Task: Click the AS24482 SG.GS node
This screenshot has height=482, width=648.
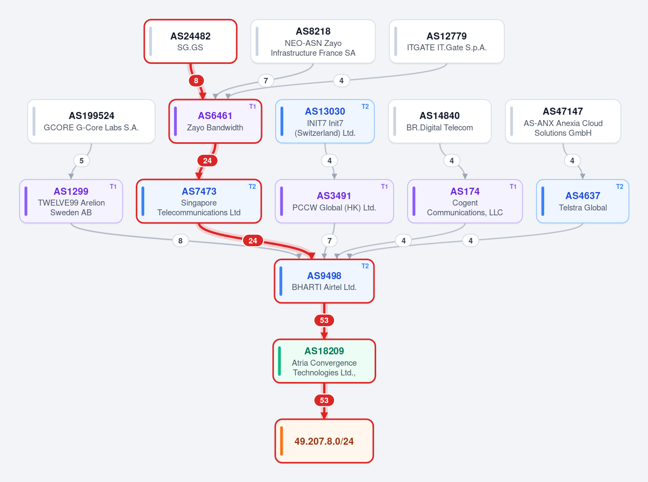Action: click(x=191, y=41)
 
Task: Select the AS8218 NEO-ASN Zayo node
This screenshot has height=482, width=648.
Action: click(x=313, y=41)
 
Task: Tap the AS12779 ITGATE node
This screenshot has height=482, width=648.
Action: click(x=447, y=41)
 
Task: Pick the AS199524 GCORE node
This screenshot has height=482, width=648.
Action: click(x=91, y=121)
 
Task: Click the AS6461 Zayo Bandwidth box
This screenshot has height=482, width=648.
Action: click(x=215, y=121)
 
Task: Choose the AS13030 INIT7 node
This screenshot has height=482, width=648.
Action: click(x=325, y=121)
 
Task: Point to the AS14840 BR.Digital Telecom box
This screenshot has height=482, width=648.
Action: click(x=440, y=121)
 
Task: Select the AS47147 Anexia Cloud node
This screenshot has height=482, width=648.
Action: click(x=563, y=121)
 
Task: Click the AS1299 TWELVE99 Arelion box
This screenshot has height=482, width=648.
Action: click(x=71, y=201)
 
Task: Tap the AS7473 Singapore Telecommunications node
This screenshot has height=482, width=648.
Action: click(x=199, y=201)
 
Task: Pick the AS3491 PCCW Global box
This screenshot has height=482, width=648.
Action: click(x=335, y=201)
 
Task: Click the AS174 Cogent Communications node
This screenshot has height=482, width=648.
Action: click(x=465, y=201)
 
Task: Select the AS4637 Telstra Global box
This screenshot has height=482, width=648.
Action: click(x=583, y=201)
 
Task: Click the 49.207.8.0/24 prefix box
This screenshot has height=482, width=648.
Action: click(x=324, y=441)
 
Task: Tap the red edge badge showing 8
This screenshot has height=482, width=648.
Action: click(x=196, y=81)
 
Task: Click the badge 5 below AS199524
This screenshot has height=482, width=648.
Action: click(x=82, y=161)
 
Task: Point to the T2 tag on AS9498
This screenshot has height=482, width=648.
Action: click(x=365, y=266)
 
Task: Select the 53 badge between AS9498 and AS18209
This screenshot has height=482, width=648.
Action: click(x=324, y=320)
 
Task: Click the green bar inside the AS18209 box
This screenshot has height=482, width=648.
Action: click(x=280, y=361)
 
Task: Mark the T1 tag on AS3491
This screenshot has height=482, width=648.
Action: click(x=384, y=187)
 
